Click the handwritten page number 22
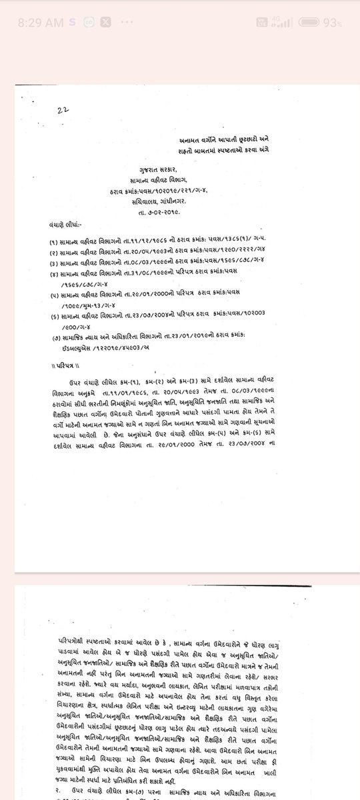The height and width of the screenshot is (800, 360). tap(63, 110)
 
